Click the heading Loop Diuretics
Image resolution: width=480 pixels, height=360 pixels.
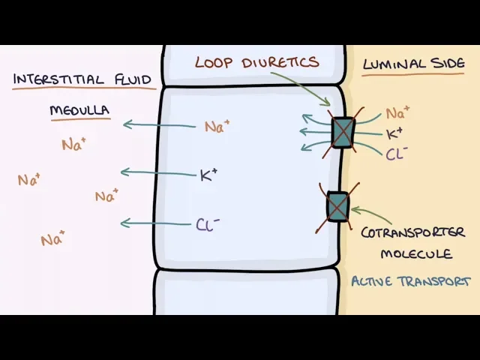[256, 62]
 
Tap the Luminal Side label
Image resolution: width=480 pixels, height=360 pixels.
[413, 64]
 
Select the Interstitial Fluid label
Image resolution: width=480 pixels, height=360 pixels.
[82, 79]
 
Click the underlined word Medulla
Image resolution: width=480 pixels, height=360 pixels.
[80, 111]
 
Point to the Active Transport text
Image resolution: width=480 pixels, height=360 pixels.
[411, 281]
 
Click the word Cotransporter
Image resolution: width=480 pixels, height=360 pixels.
[412, 232]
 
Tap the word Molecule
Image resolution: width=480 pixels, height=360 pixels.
[416, 253]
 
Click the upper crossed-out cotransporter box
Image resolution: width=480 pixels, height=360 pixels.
[343, 133]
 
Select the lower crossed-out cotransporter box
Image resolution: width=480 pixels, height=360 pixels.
[338, 206]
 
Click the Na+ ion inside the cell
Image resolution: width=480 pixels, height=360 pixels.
[217, 127]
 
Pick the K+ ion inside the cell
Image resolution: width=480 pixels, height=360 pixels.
[208, 175]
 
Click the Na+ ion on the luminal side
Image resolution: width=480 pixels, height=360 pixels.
[397, 114]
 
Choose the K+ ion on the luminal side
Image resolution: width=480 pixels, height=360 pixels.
[394, 134]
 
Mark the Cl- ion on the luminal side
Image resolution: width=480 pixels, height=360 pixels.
[397, 154]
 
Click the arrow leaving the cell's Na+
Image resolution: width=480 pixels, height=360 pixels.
[161, 124]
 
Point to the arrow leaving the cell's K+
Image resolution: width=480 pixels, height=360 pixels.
[157, 173]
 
